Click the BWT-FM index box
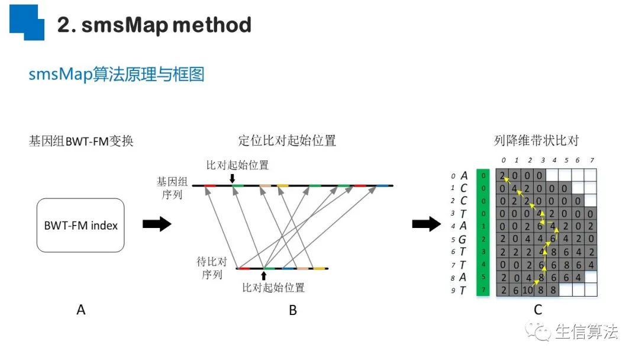point(80,225)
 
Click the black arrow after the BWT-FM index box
point(157,224)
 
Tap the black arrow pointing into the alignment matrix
point(427,224)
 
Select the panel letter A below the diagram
point(81,310)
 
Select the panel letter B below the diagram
point(293,310)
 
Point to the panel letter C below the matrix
point(537,310)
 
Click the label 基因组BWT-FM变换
point(81,142)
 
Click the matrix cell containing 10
point(528,290)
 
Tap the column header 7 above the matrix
point(591,160)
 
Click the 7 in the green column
point(483,290)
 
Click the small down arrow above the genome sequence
point(232,177)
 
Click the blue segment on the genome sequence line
point(383,185)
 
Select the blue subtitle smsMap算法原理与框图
point(117,75)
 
